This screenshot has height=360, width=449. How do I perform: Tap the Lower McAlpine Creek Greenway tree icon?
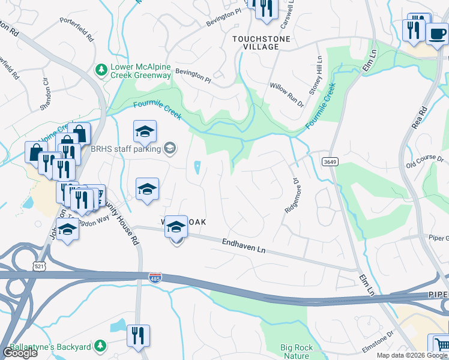101,70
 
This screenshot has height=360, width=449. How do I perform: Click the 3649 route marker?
329,162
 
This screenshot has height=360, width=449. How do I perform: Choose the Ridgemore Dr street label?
292,195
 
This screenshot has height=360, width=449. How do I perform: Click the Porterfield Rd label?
77,28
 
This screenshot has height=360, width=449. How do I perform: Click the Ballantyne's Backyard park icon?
101,346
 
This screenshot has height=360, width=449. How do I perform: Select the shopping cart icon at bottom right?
440,346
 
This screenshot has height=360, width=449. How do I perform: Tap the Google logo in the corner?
19,352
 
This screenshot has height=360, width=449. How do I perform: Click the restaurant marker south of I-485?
138,335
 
